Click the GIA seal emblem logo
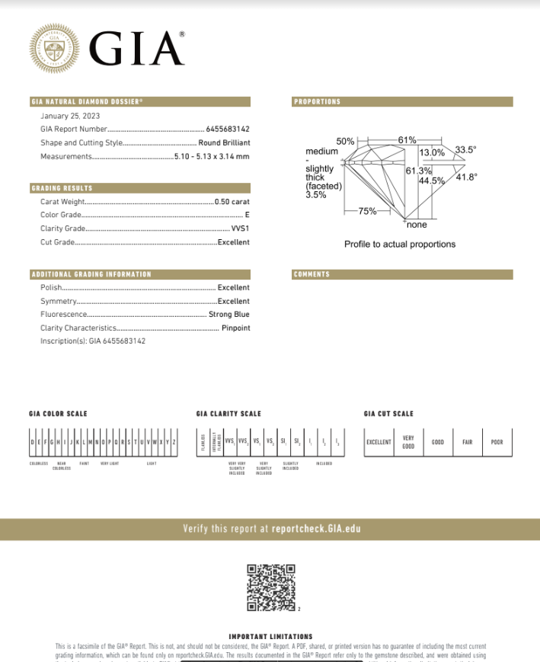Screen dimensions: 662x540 click(54, 49)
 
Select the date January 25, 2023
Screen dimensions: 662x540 click(65, 116)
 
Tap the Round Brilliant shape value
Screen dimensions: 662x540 click(224, 142)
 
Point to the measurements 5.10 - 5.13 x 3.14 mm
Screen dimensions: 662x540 click(212, 156)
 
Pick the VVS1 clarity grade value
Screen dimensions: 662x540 click(241, 229)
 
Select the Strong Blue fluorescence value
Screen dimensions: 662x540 click(229, 314)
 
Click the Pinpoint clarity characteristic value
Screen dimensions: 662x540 click(235, 328)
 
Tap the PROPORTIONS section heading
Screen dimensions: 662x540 click(317, 101)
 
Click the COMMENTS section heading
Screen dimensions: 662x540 click(312, 274)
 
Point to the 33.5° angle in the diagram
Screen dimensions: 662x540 click(465, 150)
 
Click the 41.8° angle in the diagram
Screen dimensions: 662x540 click(466, 177)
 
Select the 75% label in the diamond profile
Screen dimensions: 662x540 click(368, 210)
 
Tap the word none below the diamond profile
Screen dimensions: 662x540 click(417, 225)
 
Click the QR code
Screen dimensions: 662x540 click(271, 587)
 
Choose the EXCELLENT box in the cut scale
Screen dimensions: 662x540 click(379, 442)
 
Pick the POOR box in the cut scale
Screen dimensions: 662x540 click(497, 442)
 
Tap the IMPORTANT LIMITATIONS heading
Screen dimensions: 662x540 click(270, 636)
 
